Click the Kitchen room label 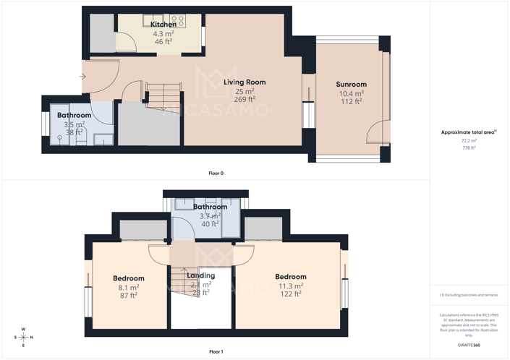pos(163,25)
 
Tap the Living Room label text pos(245,82)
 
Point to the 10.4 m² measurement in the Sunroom pos(352,93)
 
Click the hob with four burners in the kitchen pos(178,21)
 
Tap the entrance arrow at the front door pos(82,76)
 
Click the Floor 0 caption pos(216,173)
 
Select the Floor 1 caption pos(216,351)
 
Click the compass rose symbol pos(23,337)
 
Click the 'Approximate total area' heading pos(467,132)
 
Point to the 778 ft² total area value pos(468,147)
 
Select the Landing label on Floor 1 pos(200,275)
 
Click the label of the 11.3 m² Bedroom pos(290,277)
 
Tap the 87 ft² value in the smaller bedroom pos(129,295)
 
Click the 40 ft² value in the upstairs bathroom pos(210,224)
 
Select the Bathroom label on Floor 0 pos(74,116)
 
